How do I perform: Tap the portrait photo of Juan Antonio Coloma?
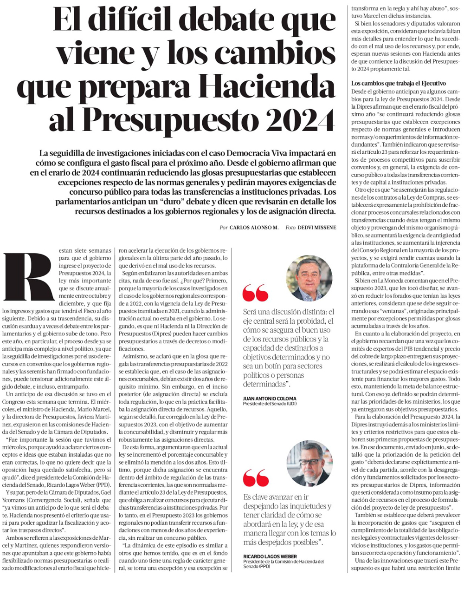coord(309,277)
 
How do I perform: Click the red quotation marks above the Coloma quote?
coord(255,294)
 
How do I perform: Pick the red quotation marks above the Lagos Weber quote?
coord(255,478)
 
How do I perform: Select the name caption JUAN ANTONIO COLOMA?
coord(270,399)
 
